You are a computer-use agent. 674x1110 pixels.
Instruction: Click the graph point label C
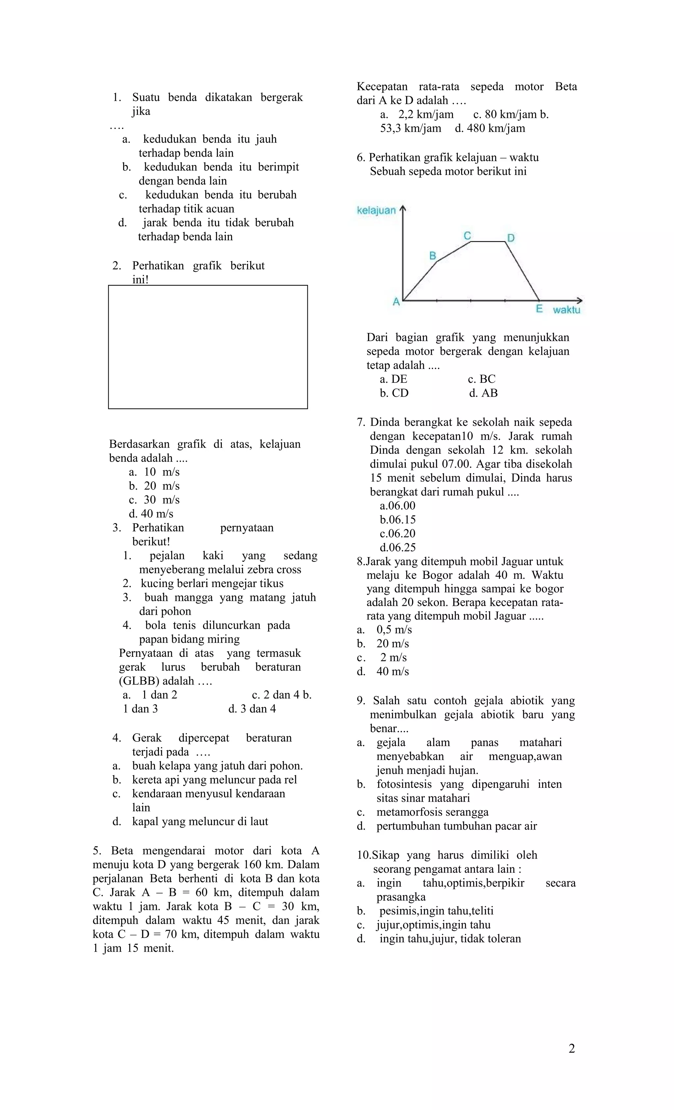(467, 236)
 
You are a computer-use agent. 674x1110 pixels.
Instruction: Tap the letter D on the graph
(510, 238)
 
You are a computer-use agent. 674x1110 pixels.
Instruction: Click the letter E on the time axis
(539, 309)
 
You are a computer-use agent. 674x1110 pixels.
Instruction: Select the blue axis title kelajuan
(376, 210)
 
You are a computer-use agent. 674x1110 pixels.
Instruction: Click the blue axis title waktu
(566, 310)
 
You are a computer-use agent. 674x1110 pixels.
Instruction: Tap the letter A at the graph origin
(396, 302)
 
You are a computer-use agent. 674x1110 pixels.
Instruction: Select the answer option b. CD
(394, 393)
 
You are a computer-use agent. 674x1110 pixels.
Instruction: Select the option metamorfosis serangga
(432, 812)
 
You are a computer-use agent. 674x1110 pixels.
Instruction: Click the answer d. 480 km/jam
(490, 128)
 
